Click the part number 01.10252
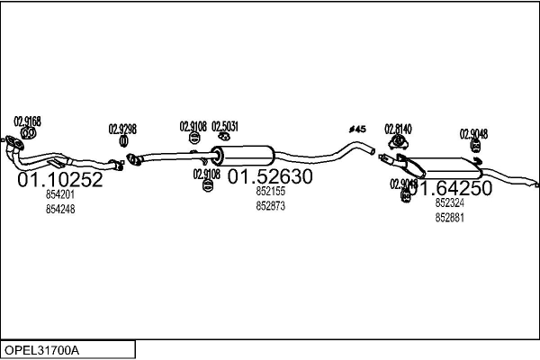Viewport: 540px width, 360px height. [60, 181]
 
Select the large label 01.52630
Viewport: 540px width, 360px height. [269, 177]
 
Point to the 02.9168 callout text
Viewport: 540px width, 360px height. [27, 121]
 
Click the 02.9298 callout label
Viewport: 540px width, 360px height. [122, 129]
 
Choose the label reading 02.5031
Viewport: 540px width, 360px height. [225, 126]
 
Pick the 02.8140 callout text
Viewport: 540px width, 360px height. [398, 129]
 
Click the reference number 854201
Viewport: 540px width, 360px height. [60, 194]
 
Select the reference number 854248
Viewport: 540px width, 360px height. [60, 209]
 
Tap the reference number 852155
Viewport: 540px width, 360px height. [270, 191]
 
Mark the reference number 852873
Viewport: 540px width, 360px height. [270, 205]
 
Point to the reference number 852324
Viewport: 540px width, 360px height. [449, 203]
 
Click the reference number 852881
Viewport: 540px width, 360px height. [449, 218]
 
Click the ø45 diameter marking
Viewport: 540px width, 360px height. [357, 130]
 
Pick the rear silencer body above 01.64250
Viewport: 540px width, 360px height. [446, 167]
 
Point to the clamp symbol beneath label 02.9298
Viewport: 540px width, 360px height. [122, 142]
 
